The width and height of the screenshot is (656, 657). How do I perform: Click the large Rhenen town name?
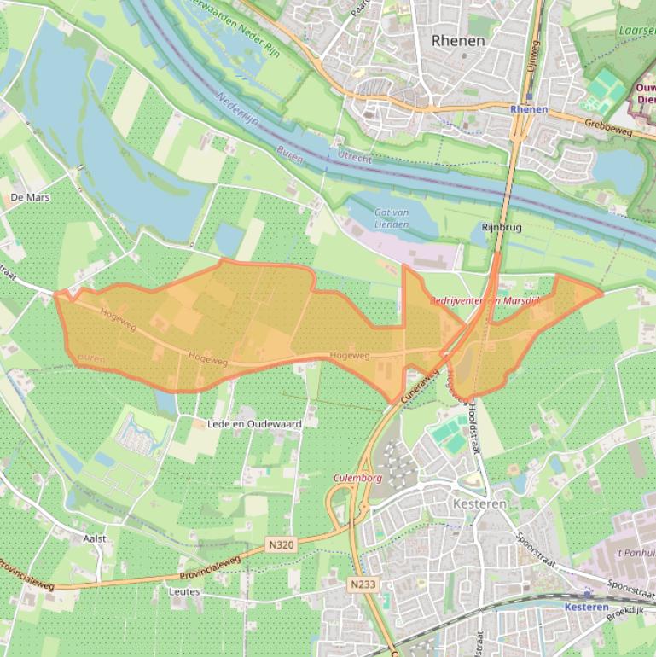tap(458, 40)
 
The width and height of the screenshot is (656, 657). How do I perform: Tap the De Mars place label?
tap(31, 197)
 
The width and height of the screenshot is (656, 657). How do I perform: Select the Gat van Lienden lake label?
tap(392, 218)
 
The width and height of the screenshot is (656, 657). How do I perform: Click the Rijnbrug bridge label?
tap(502, 228)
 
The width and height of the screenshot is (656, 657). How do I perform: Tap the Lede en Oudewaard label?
tap(255, 424)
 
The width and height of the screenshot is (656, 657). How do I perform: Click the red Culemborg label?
tap(357, 479)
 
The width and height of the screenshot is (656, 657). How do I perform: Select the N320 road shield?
tap(281, 544)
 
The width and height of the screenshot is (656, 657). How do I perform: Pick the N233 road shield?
tap(363, 584)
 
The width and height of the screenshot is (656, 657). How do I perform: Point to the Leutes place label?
tap(184, 591)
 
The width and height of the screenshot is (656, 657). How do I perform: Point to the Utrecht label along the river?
tap(355, 160)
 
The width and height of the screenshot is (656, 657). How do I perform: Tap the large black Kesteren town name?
tap(479, 504)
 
